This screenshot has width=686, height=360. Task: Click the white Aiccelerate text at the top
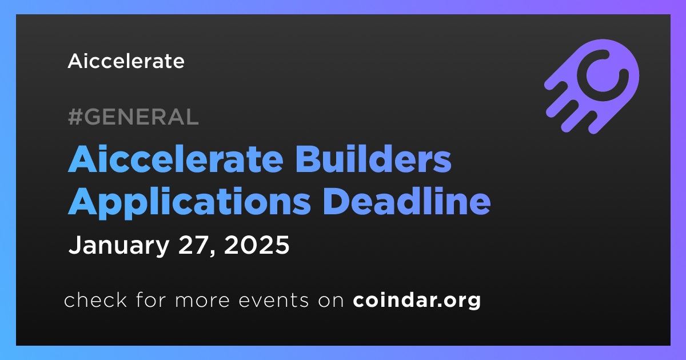click(x=126, y=61)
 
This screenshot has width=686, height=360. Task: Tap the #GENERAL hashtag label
click(x=133, y=117)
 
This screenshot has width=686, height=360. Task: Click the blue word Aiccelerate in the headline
click(x=176, y=159)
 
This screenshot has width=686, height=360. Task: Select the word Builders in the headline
click(x=373, y=159)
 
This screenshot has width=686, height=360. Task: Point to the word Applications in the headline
click(x=189, y=201)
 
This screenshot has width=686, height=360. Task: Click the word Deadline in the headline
click(x=406, y=201)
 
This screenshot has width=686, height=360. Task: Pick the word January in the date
click(x=119, y=246)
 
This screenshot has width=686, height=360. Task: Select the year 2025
click(x=257, y=245)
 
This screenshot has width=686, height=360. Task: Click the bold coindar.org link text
click(x=417, y=300)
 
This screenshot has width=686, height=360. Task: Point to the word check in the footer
click(x=95, y=299)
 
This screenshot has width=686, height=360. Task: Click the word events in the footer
click(x=273, y=300)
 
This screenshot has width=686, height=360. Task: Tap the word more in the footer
click(x=202, y=301)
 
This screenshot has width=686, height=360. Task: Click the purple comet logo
click(x=592, y=86)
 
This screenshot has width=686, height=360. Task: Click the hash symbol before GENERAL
click(x=75, y=117)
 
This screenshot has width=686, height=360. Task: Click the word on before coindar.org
click(x=331, y=301)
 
